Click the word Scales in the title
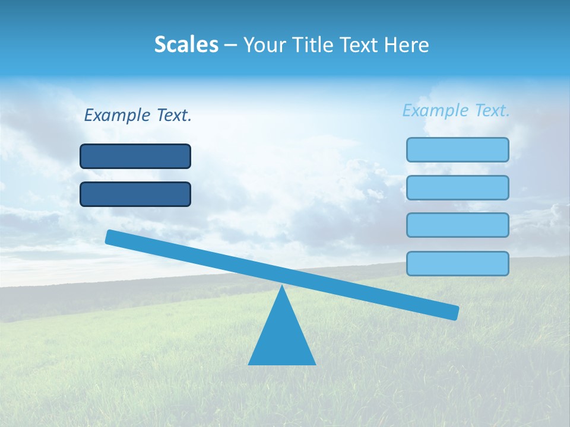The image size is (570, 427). (186, 44)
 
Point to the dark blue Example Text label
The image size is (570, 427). (138, 115)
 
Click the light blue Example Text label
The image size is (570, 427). (456, 110)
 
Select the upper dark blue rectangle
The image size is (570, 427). (135, 156)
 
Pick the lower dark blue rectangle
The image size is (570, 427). (135, 194)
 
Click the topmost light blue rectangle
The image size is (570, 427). (457, 149)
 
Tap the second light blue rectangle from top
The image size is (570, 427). (457, 187)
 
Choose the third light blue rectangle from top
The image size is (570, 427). (457, 225)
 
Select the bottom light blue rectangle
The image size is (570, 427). (457, 263)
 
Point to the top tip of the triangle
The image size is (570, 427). (282, 286)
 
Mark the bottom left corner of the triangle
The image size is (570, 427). (249, 364)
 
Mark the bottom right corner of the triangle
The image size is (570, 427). (315, 364)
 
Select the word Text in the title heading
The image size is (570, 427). (355, 44)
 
